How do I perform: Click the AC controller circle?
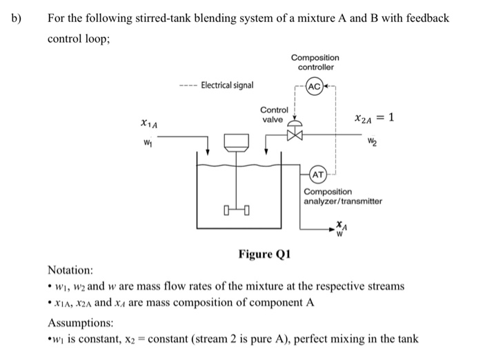click(x=315, y=88)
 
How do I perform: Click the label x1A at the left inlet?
click(x=148, y=124)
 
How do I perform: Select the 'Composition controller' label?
click(x=315, y=62)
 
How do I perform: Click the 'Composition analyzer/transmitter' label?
click(x=342, y=197)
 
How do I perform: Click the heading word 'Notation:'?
click(x=70, y=270)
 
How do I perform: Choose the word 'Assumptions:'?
click(x=79, y=323)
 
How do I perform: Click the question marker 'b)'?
click(x=16, y=17)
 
